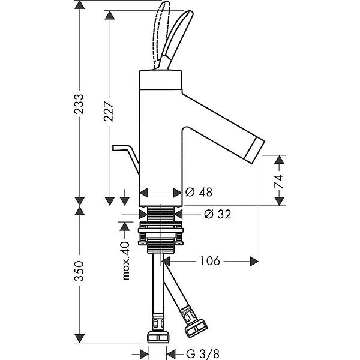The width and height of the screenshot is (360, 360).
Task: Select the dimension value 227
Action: pos(109,109)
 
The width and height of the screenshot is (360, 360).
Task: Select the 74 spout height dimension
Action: pos(278,181)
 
